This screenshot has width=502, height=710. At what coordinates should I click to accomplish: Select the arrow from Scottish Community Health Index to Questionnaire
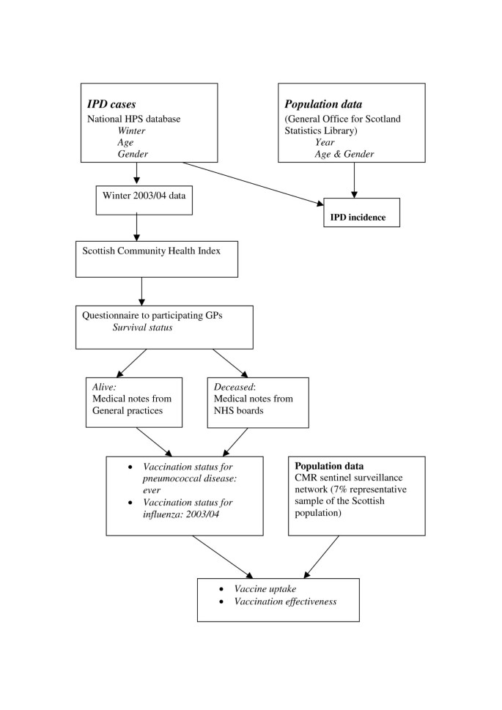coord(142,292)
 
